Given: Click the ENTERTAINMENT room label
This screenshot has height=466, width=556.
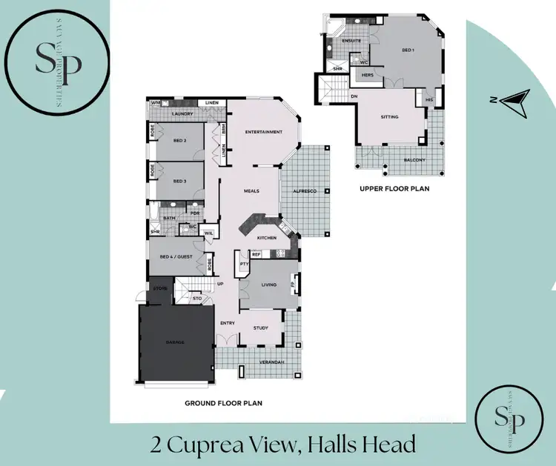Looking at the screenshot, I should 263,132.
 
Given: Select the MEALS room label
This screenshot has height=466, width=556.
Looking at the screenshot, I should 251,191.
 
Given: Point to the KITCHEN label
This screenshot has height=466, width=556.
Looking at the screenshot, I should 267,238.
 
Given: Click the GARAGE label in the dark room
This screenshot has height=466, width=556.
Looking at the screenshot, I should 176,342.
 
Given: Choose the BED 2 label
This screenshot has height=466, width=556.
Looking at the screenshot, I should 179,140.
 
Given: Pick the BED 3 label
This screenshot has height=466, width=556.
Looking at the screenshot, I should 179,181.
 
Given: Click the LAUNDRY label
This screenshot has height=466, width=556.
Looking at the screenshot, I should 182,114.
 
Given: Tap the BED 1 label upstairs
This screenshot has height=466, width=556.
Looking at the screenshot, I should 408,50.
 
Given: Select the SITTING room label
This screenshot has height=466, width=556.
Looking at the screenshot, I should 389,116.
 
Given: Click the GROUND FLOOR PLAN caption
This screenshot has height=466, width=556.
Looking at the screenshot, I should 224,404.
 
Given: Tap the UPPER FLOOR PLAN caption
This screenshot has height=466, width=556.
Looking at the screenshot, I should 394,189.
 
